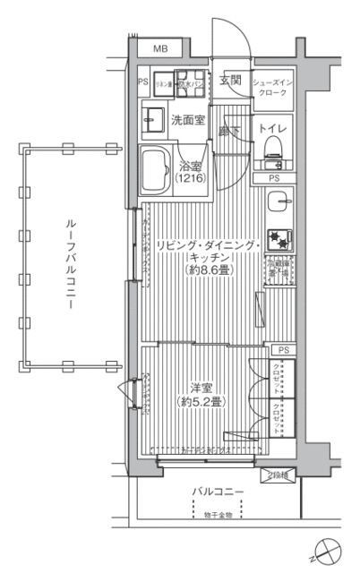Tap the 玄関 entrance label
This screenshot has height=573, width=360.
click(230, 81)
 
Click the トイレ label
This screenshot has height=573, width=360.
click(273, 129)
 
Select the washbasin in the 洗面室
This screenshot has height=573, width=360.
click(152, 116)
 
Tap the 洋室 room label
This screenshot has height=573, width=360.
click(200, 388)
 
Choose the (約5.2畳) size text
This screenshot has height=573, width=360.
click(200, 401)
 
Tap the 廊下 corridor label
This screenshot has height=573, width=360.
click(230, 132)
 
